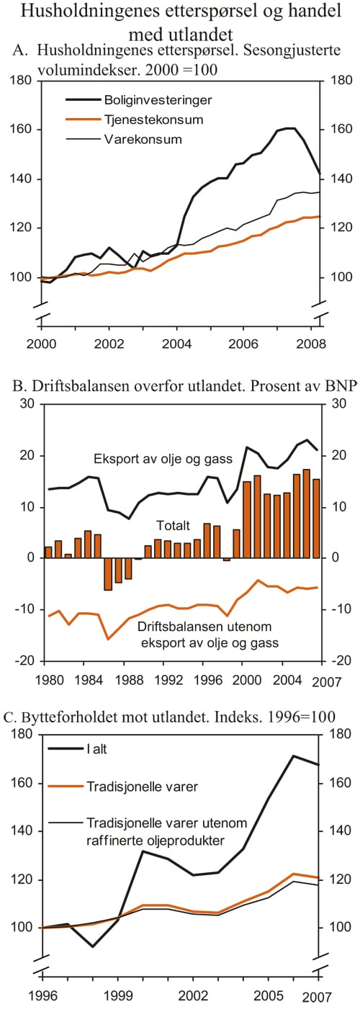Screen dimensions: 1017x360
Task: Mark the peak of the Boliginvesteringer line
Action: point(289,128)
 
